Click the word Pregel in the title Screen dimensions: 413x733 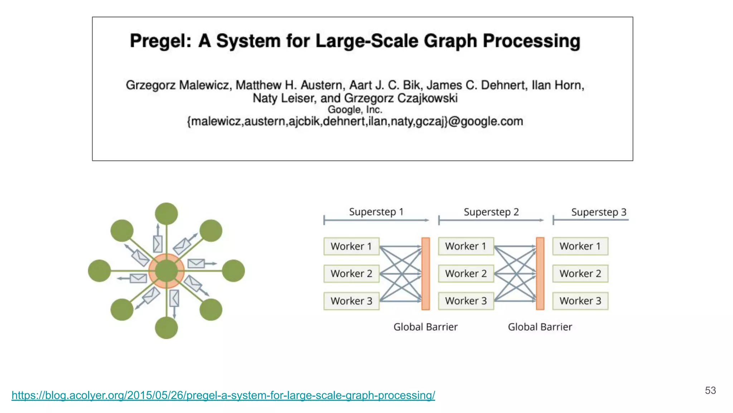160,41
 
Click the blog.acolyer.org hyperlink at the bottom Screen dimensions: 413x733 223,395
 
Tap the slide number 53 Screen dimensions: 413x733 710,390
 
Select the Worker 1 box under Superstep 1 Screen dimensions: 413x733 351,246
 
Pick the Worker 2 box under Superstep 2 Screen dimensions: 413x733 466,274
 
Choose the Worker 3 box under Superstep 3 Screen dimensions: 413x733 580,301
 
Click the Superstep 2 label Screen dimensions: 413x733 491,212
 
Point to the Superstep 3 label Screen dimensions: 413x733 598,212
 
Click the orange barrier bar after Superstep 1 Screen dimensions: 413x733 426,274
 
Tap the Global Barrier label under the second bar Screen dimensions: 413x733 540,327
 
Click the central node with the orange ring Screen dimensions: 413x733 166,271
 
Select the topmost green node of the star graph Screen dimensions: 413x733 166,214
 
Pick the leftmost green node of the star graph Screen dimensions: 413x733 99,271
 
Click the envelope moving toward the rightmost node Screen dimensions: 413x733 196,264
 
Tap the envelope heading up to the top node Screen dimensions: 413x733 157,244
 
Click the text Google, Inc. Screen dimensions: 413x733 355,110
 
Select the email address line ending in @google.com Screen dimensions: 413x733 355,122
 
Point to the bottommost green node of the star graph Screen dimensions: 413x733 166,328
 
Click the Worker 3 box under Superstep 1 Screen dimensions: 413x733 351,301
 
